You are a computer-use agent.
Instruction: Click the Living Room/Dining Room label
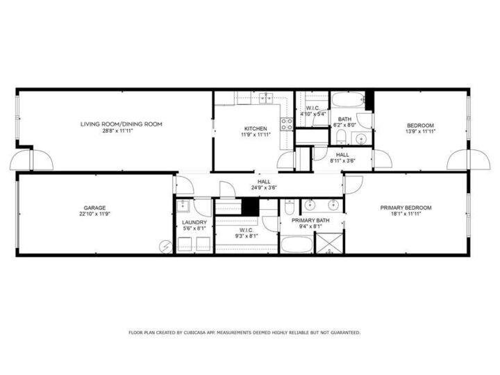click(121, 124)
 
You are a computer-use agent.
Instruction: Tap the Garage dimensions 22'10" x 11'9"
click(94, 215)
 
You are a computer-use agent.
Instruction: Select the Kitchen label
click(256, 128)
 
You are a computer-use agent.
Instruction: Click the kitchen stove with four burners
click(286, 124)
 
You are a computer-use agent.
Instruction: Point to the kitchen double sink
click(265, 98)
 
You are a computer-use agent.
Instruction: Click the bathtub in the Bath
click(348, 100)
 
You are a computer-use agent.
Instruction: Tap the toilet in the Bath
click(341, 137)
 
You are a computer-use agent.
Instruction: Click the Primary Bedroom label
click(406, 208)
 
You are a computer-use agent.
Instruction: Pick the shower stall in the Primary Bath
click(329, 243)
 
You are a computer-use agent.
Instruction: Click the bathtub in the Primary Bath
click(297, 244)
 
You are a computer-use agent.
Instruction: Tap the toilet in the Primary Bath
click(290, 207)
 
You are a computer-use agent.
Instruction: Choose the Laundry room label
click(194, 222)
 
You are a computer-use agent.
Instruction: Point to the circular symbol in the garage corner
click(165, 247)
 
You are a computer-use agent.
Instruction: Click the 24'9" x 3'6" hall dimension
click(264, 187)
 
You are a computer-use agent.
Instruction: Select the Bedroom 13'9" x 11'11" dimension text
click(420, 131)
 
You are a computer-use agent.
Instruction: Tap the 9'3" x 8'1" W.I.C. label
click(247, 236)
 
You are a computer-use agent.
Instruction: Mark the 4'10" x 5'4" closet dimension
click(312, 114)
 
